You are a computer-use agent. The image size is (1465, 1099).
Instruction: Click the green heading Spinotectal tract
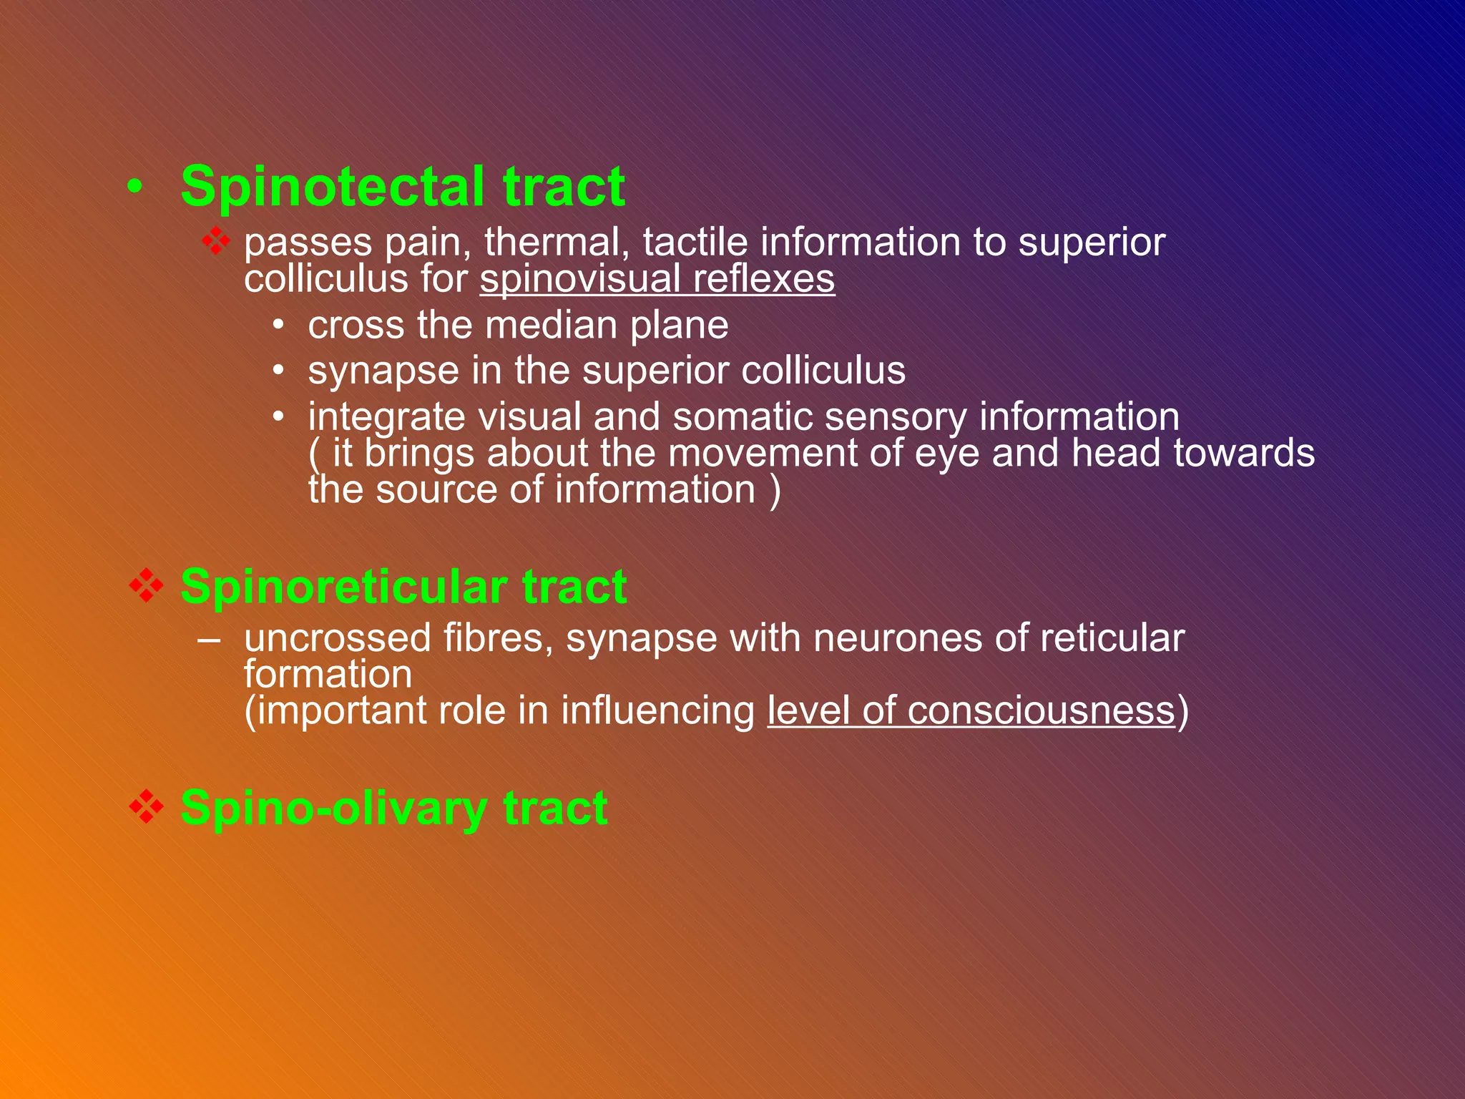[403, 186]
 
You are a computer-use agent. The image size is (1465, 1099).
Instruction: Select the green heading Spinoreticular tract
[403, 587]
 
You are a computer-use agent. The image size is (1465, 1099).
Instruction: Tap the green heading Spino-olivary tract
[394, 808]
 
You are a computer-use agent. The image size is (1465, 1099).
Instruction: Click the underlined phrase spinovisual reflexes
[657, 278]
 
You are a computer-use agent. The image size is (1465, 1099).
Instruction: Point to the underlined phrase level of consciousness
[971, 710]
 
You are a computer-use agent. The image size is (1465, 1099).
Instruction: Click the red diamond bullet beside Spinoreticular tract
[147, 586]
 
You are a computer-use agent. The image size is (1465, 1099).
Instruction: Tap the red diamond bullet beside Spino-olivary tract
[147, 807]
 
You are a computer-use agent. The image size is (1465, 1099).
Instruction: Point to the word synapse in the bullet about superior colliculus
[383, 371]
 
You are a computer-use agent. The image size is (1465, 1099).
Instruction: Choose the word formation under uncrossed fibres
[328, 674]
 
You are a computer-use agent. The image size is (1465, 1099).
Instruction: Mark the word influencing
[657, 710]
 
